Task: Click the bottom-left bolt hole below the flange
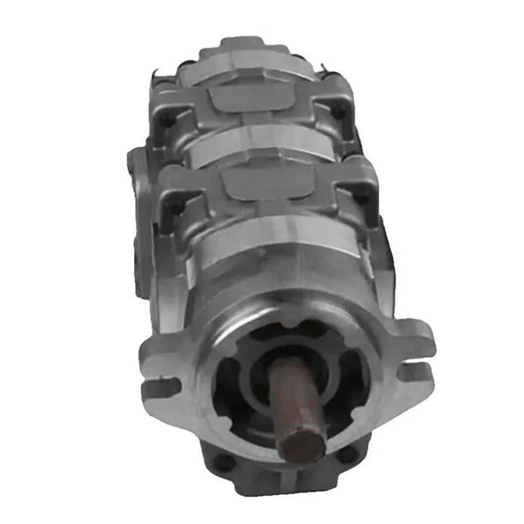(x=225, y=462)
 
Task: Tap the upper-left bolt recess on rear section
(x=167, y=119)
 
